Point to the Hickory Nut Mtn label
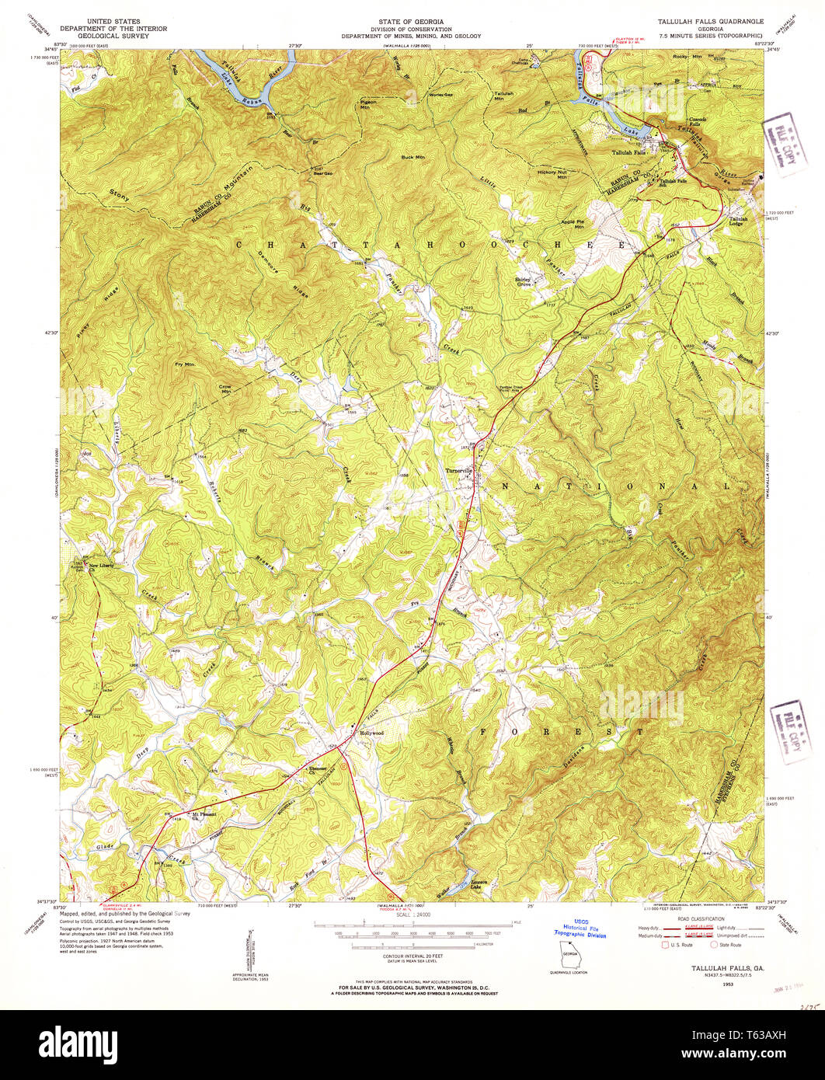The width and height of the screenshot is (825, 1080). click(x=552, y=173)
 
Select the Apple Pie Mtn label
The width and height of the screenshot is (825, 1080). click(x=573, y=224)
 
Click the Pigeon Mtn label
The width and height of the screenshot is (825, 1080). click(x=369, y=104)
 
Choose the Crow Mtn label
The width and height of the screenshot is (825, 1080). click(x=225, y=388)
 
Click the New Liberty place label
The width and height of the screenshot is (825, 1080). click(x=102, y=566)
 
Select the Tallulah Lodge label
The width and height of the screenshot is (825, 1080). click(x=738, y=221)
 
